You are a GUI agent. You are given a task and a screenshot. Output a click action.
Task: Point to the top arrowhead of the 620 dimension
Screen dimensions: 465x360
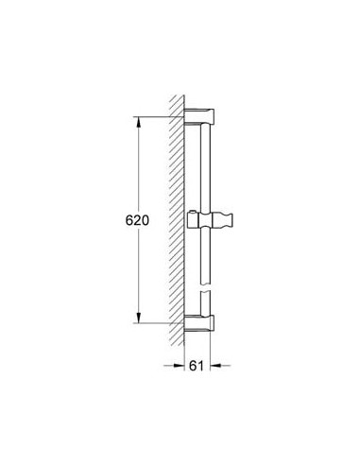(139, 122)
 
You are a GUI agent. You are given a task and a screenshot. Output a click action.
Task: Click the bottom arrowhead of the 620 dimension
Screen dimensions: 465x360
(139, 319)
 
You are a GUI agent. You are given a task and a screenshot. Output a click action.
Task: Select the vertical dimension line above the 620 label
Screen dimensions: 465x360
(139, 165)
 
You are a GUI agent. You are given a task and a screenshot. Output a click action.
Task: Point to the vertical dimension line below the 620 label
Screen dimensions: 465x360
(139, 274)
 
